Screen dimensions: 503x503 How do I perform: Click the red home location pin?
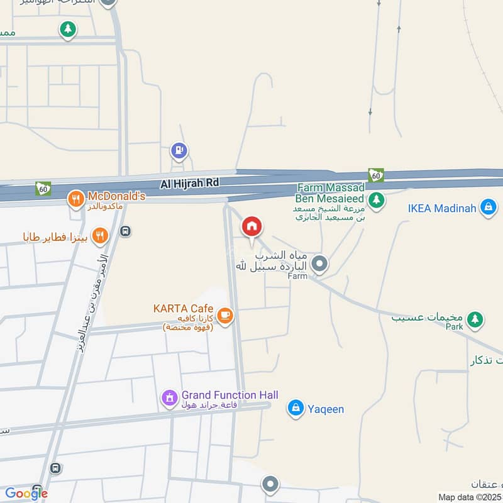(252, 226)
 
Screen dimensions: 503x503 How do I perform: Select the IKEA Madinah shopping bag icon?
(488, 207)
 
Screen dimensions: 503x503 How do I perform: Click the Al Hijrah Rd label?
(189, 182)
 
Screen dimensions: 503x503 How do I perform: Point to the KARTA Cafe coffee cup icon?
(224, 314)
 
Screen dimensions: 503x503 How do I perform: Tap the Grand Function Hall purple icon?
(169, 397)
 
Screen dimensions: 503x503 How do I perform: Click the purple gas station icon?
(179, 150)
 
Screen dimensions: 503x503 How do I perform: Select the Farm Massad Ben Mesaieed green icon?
(376, 201)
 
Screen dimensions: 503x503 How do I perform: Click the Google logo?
(26, 494)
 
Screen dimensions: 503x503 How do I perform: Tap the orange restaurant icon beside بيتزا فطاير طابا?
(99, 236)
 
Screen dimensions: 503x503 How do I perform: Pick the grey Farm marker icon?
(319, 264)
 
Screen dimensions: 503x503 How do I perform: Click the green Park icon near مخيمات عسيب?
(476, 319)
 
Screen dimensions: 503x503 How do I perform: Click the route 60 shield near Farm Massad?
(375, 175)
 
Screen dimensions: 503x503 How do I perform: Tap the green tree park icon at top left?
(68, 28)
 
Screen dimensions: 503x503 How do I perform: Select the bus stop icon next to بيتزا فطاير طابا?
(125, 231)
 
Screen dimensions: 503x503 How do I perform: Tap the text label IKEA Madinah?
(443, 207)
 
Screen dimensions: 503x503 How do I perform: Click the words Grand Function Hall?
(229, 395)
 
